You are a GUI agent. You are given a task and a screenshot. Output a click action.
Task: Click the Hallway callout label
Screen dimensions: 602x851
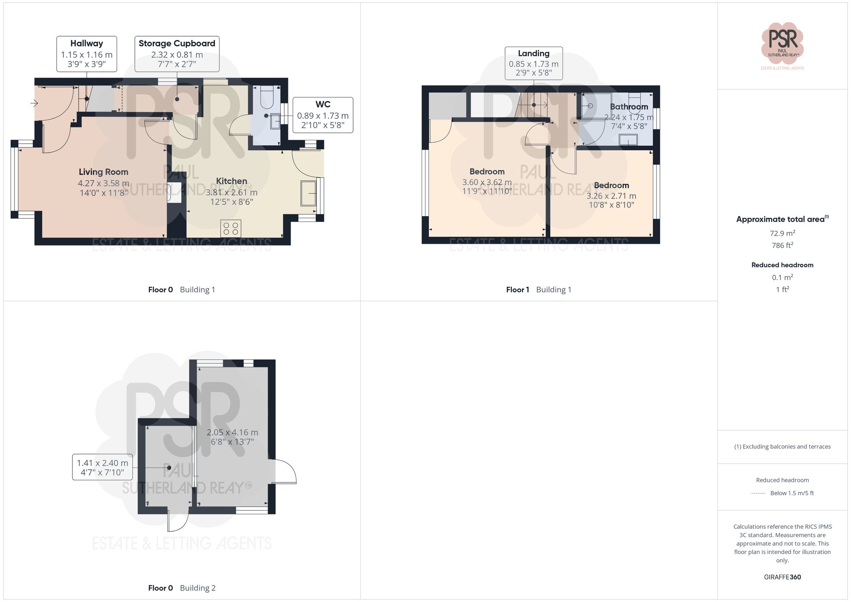click(87, 54)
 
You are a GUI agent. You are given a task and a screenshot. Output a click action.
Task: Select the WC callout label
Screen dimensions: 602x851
click(323, 115)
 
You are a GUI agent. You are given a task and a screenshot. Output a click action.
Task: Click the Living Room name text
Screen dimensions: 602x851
click(103, 172)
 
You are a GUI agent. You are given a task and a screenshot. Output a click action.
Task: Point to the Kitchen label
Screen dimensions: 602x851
click(231, 181)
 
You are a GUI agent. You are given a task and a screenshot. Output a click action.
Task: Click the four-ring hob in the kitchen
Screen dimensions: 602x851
click(231, 228)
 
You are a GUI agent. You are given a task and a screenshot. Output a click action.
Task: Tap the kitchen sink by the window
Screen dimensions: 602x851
click(308, 193)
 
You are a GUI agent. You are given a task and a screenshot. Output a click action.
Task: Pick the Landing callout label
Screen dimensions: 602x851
click(534, 63)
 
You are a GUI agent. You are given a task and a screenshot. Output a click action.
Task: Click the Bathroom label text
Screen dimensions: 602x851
click(629, 107)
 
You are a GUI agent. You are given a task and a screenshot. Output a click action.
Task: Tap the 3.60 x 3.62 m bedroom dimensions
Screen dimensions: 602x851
click(487, 186)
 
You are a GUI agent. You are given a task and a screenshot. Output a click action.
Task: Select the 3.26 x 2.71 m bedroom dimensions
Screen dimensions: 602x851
click(611, 200)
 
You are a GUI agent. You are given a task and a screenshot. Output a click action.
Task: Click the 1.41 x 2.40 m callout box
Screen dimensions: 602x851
click(102, 467)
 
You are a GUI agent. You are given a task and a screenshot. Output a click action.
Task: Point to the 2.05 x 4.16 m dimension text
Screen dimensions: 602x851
click(232, 437)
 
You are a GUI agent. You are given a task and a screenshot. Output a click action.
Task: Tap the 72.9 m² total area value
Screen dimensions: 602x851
click(782, 233)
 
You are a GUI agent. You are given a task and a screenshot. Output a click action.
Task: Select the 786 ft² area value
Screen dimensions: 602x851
click(782, 245)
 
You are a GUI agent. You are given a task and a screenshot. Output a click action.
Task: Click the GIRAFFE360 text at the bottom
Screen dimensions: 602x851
click(782, 577)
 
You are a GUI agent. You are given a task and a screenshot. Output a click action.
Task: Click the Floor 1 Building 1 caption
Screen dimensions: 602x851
click(538, 290)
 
